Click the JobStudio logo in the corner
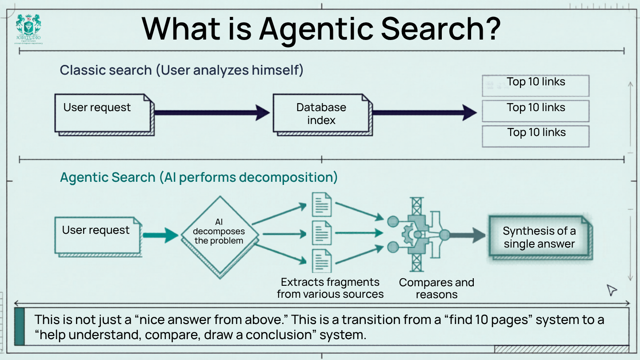click(29, 29)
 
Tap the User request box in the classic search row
click(102, 113)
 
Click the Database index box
click(321, 113)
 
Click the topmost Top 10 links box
click(536, 85)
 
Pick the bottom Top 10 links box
click(536, 136)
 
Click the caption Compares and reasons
click(436, 288)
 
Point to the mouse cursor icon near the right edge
click(612, 290)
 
